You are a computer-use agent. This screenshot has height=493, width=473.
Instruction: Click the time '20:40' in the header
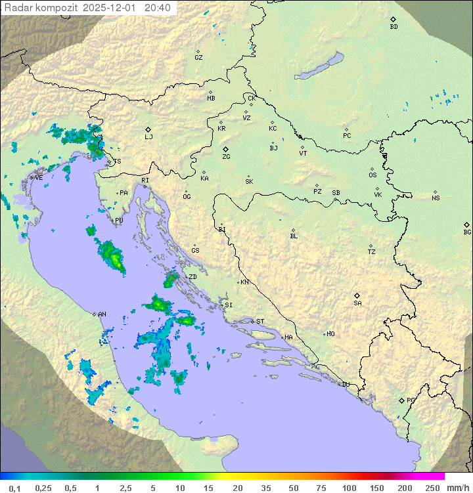click(158, 8)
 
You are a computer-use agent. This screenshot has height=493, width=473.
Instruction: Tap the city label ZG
click(226, 157)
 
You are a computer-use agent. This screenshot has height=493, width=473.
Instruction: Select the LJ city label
click(148, 137)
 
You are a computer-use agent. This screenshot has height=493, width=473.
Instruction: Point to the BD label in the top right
click(394, 27)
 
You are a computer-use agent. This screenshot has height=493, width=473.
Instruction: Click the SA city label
click(357, 303)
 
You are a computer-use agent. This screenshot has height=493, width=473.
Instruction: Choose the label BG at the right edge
click(467, 232)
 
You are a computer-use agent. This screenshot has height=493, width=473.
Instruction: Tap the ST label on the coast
click(260, 322)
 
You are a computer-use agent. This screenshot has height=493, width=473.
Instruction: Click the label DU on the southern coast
click(345, 385)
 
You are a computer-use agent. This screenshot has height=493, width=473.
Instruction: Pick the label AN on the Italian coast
click(102, 314)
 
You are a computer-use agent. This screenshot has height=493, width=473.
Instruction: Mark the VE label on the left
click(39, 178)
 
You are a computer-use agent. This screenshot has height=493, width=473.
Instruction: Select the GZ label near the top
click(198, 58)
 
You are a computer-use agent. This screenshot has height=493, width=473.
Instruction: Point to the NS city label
click(436, 198)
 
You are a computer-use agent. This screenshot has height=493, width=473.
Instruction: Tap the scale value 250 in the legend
click(432, 488)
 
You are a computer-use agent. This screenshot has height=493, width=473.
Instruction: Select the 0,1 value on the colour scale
click(15, 488)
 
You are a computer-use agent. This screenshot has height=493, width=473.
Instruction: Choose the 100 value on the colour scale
click(349, 488)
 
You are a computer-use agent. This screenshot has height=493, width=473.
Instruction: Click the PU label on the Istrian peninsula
click(119, 221)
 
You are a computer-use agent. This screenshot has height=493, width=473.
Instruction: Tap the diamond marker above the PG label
click(402, 400)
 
